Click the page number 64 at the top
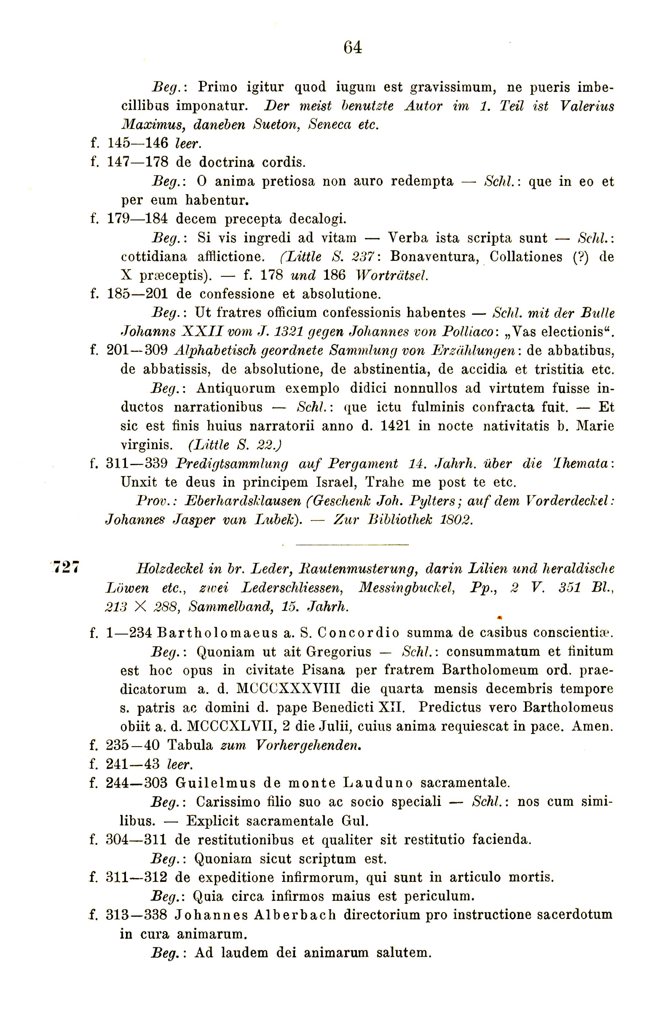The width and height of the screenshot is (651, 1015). coord(353,47)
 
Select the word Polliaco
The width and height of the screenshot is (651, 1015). coord(467,331)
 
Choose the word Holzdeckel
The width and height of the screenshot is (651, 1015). coord(169,569)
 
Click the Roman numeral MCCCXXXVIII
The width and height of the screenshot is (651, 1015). coord(288,689)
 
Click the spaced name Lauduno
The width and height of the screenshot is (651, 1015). coord(378,783)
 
